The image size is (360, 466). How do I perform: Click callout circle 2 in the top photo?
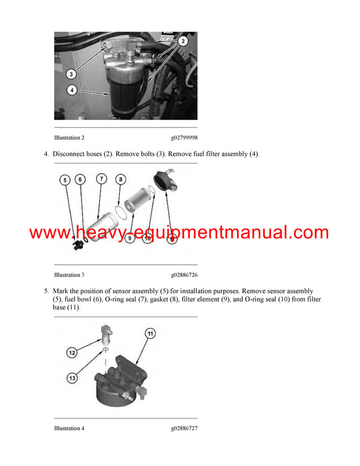[184, 41]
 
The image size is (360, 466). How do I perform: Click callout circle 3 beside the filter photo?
[70, 74]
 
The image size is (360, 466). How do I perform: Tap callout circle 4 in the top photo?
[70, 91]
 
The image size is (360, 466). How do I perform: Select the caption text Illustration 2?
[69, 138]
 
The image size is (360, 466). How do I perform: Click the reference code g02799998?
[184, 138]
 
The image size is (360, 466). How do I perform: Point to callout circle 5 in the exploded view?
[65, 180]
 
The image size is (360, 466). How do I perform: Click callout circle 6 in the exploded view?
[81, 180]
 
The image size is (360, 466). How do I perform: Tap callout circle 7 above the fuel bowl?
[102, 178]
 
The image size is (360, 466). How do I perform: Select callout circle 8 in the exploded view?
[121, 179]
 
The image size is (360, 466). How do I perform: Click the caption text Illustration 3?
[69, 275]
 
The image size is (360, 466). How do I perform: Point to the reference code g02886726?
[184, 275]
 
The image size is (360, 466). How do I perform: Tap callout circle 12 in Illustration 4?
[72, 353]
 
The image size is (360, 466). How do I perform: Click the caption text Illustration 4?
[69, 428]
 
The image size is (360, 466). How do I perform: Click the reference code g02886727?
[184, 428]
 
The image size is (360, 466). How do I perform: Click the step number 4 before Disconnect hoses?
[46, 154]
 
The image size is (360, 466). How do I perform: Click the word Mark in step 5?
[61, 291]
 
